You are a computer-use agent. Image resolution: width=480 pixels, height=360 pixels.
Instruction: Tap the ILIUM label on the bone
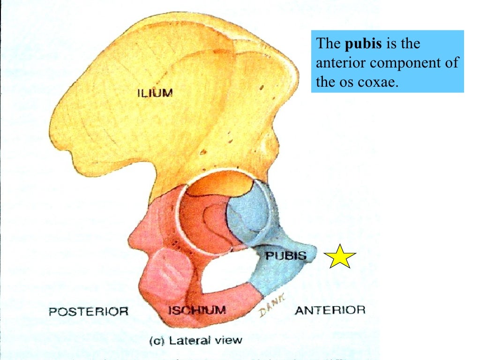click(155, 93)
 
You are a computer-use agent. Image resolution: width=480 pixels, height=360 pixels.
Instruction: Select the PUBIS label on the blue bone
click(285, 256)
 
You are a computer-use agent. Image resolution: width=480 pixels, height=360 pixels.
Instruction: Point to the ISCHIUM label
click(197, 310)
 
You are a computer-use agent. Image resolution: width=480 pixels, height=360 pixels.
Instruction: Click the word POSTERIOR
click(89, 311)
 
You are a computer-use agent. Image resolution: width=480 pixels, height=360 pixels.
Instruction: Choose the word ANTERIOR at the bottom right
click(330, 310)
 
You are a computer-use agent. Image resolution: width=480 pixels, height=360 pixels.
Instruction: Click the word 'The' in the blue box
click(330, 44)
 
